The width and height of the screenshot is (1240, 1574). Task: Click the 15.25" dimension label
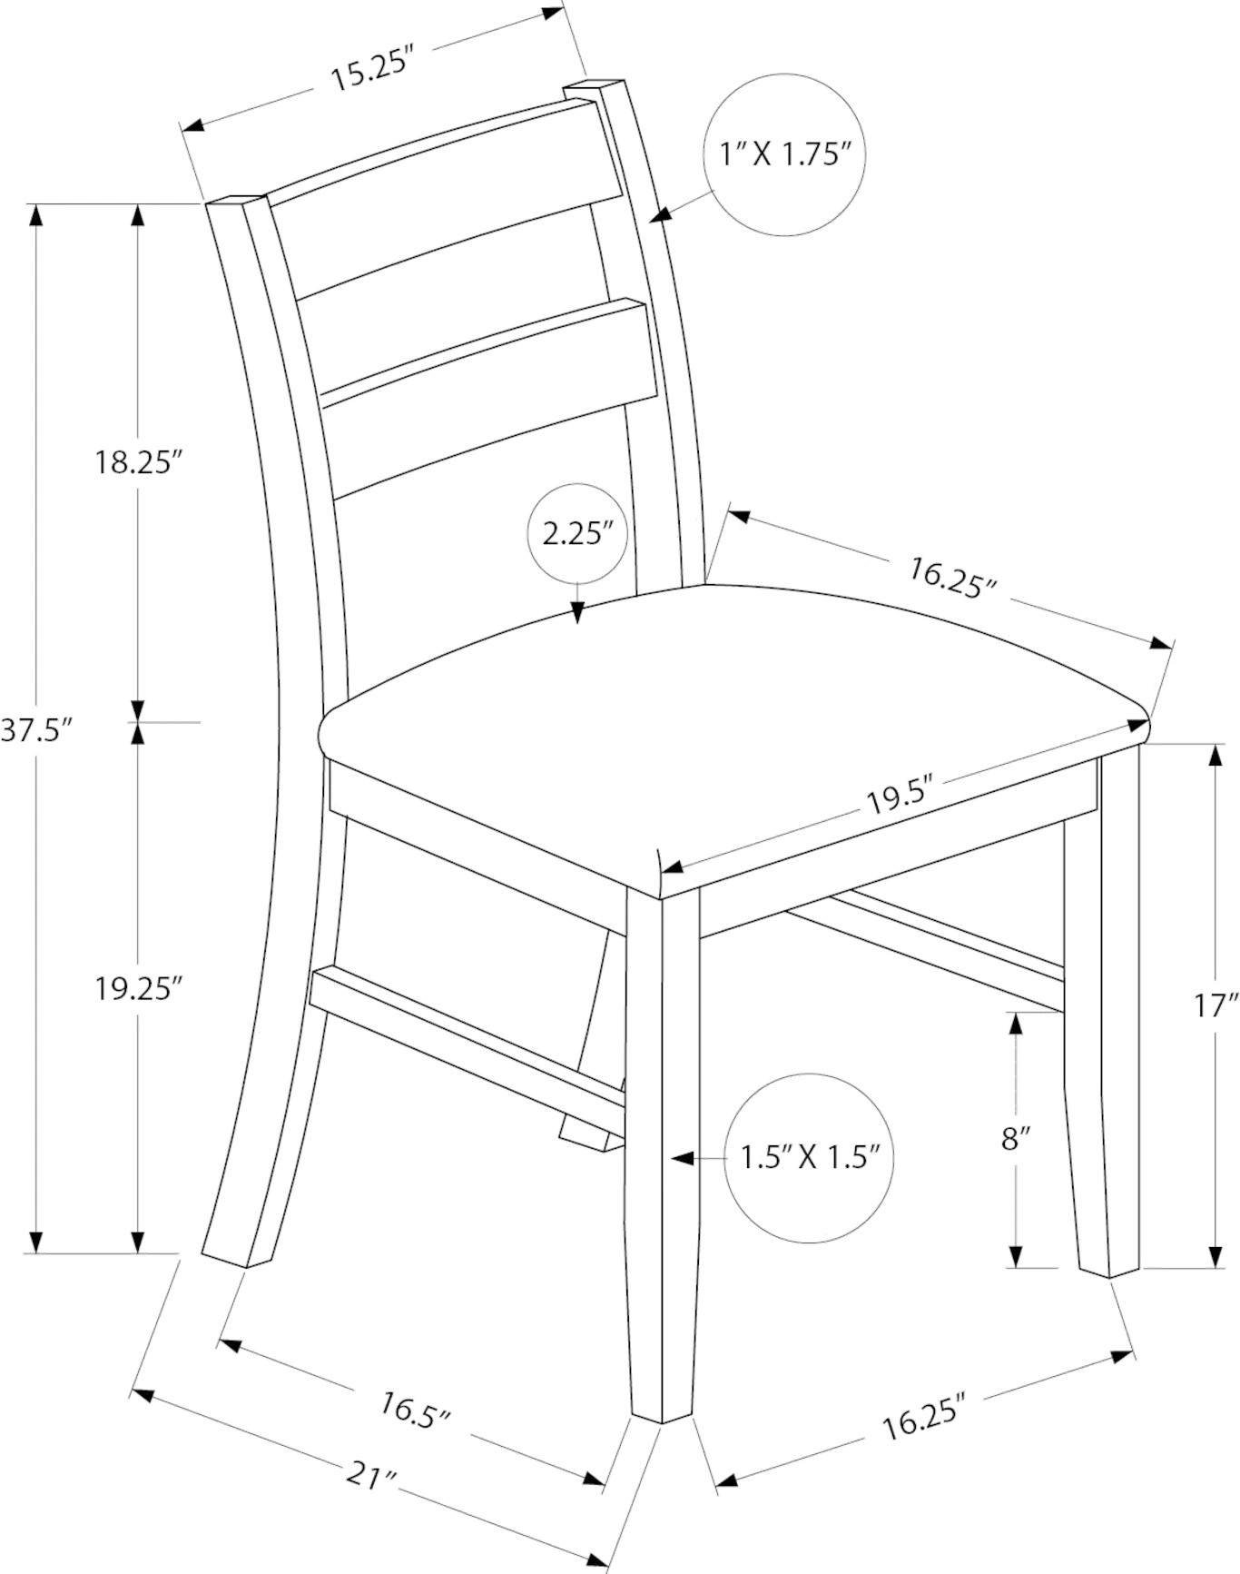(371, 68)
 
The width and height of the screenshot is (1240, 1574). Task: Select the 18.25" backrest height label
(134, 462)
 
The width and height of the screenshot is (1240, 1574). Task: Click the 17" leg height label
(1217, 1007)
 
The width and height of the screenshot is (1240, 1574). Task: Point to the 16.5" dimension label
(417, 1434)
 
